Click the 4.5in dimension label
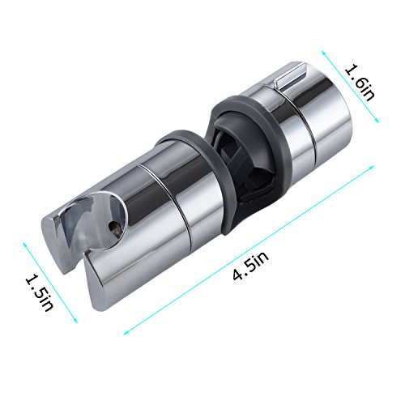(x=251, y=266)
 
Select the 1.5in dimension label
(x=40, y=292)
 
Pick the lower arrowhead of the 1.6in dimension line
(x=377, y=121)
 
